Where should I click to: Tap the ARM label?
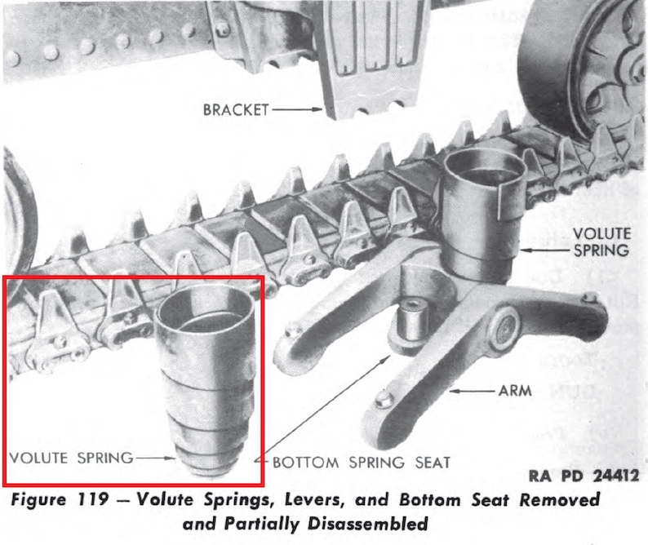pos(515,391)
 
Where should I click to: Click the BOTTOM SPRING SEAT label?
pos(362,463)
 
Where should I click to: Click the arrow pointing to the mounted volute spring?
pos(547,246)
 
